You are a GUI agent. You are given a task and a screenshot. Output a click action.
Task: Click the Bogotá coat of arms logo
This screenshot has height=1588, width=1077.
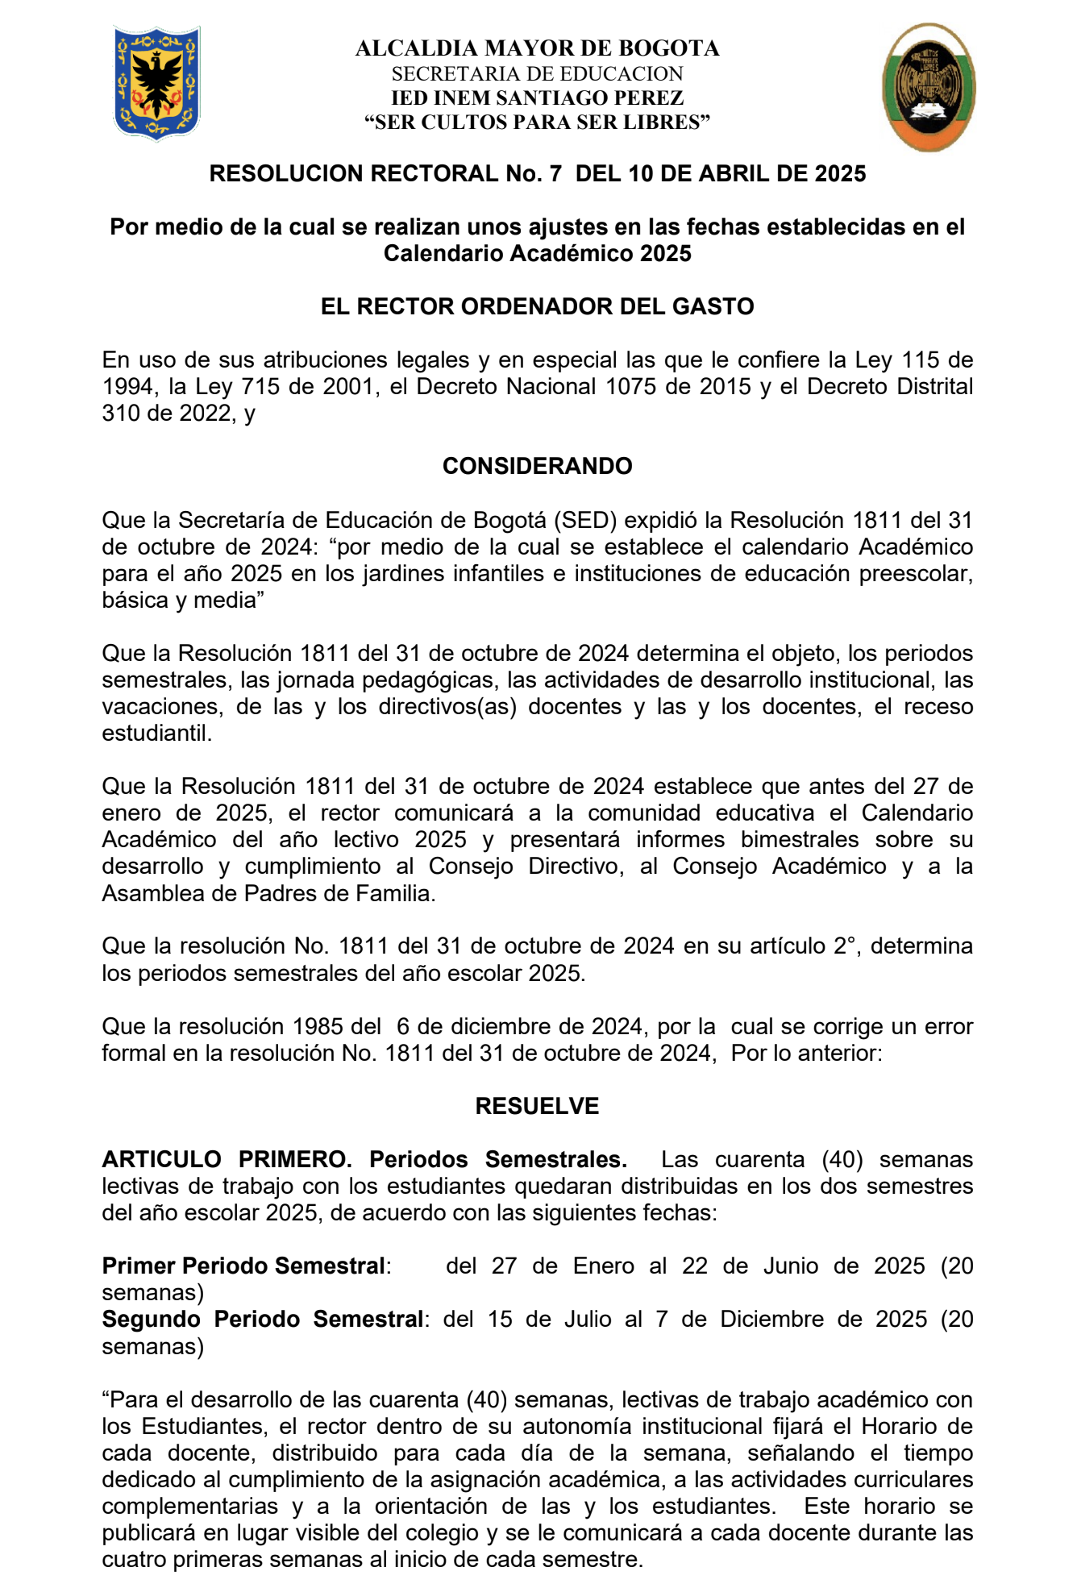point(156,83)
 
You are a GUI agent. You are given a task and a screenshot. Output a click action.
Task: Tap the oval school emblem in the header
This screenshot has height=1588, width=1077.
point(929,86)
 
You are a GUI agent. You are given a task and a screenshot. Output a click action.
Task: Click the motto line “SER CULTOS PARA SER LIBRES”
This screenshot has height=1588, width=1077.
point(538,123)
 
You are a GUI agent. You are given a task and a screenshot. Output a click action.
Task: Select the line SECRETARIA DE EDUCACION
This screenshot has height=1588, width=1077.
point(538,74)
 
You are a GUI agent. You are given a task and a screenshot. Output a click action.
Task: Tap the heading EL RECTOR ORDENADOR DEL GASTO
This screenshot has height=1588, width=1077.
point(538,306)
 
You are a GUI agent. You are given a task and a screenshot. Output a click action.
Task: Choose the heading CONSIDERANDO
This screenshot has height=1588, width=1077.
point(538,466)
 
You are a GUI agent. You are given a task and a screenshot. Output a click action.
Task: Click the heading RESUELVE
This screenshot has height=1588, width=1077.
point(538,1106)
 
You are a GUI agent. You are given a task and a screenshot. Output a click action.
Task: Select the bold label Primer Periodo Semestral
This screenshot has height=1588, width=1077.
point(243,1266)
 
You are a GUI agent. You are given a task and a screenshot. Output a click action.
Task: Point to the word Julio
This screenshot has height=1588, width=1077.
point(587,1319)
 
